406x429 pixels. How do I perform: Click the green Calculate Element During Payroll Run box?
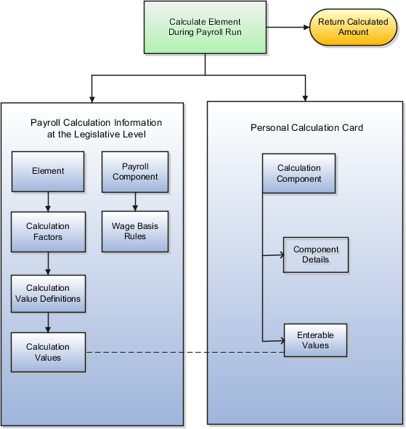pyautogui.click(x=206, y=27)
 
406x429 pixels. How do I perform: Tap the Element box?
pyautogui.click(x=48, y=172)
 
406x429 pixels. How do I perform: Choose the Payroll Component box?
pyautogui.click(x=135, y=172)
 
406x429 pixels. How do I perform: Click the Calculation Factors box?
pyautogui.click(x=48, y=231)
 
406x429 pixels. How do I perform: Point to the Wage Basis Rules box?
pyautogui.click(x=135, y=231)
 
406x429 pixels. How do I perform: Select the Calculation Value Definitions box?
pyautogui.click(x=48, y=293)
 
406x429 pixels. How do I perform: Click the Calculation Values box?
pyautogui.click(x=48, y=352)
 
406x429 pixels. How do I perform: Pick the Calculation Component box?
pyautogui.click(x=299, y=173)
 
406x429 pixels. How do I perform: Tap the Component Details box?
pyautogui.click(x=311, y=254)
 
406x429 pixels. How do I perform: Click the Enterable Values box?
pyautogui.click(x=315, y=340)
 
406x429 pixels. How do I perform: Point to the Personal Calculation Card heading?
pyautogui.click(x=306, y=128)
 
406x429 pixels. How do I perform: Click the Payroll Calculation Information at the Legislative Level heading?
pyautogui.click(x=96, y=128)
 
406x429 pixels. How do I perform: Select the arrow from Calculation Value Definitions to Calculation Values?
pyautogui.click(x=48, y=322)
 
